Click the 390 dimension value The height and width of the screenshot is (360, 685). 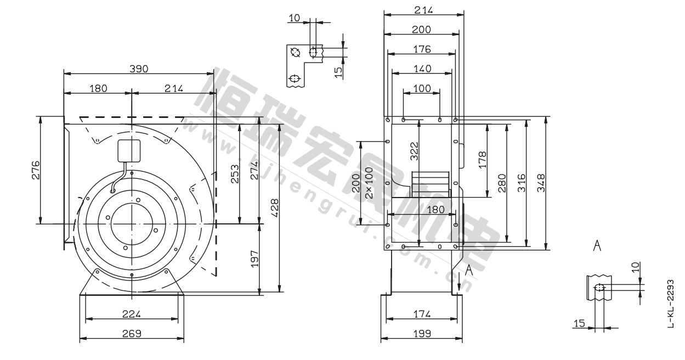coord(139,69)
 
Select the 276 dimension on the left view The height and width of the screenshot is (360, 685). coord(36,170)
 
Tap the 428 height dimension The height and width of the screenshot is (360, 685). coord(275,208)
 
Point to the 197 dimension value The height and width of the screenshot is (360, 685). coord(254,259)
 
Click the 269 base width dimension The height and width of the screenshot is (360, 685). coord(132,333)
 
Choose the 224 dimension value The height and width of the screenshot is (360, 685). coord(132,314)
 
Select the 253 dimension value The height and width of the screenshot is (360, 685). coord(235,174)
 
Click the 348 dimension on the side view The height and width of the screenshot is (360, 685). coord(541,183)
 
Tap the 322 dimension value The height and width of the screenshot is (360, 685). coord(414,151)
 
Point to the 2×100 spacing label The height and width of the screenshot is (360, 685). coord(370,183)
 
